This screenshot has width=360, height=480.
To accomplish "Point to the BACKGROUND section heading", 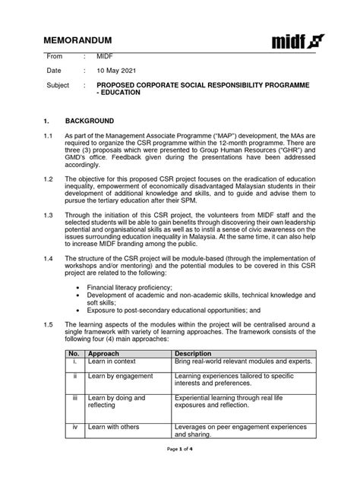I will pos(90,121).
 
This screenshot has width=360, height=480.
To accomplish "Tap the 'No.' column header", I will pos(74,354).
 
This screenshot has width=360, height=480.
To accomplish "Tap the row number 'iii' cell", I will pos(74,397).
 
